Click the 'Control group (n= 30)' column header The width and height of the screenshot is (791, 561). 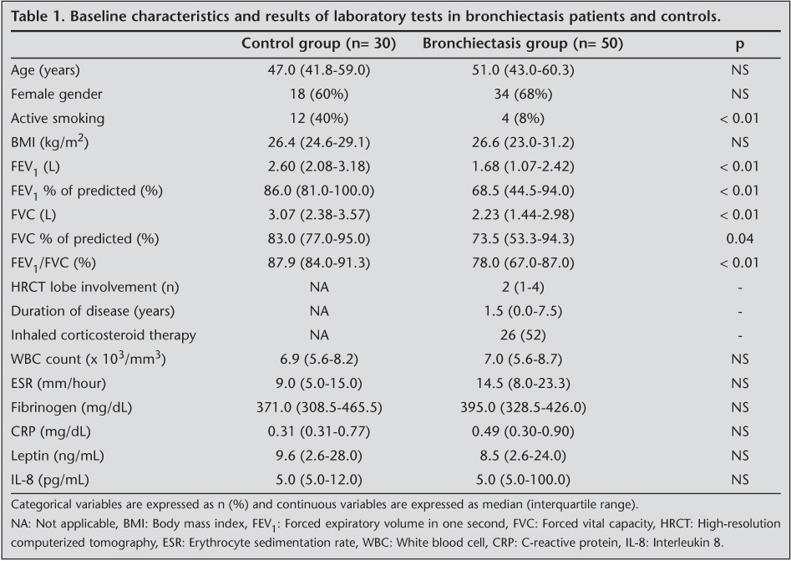tap(318, 43)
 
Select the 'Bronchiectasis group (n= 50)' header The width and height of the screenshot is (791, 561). tap(523, 43)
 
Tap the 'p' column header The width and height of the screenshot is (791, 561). tap(739, 43)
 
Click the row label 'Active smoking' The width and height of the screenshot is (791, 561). tap(58, 119)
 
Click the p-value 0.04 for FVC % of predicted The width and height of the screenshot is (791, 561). tap(739, 239)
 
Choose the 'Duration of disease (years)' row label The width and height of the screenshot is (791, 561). tap(93, 312)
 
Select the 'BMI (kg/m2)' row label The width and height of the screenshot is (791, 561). tap(50, 142)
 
